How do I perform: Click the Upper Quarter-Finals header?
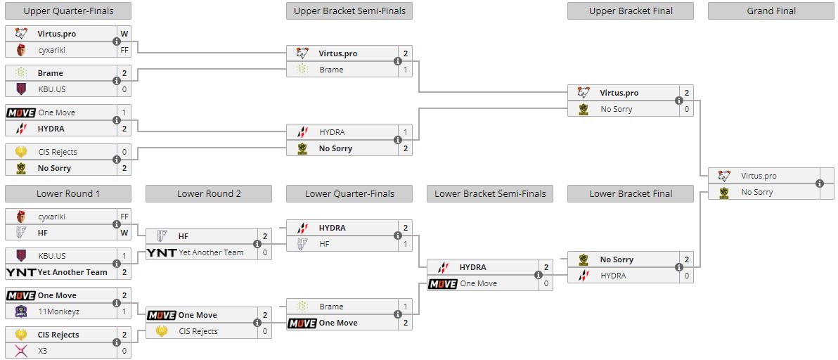coord(68,11)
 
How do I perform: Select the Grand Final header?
coord(771,11)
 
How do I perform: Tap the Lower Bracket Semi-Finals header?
coord(490,193)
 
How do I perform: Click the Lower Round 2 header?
coord(209,193)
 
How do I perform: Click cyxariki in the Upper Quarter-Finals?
coord(56,50)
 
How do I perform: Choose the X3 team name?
coord(44,351)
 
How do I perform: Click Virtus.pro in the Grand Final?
coord(759,176)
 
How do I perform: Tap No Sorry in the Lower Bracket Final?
coord(617,259)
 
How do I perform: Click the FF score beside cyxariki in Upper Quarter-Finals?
coord(124,50)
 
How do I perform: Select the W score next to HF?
coord(124,232)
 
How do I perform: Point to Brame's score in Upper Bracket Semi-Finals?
coord(406,70)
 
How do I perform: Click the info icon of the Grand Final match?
coord(820,184)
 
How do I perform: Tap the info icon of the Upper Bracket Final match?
coord(679,101)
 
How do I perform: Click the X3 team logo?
coord(21,351)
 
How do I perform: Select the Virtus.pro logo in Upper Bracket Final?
coord(584,93)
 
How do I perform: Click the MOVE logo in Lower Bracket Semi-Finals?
coord(443,283)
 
